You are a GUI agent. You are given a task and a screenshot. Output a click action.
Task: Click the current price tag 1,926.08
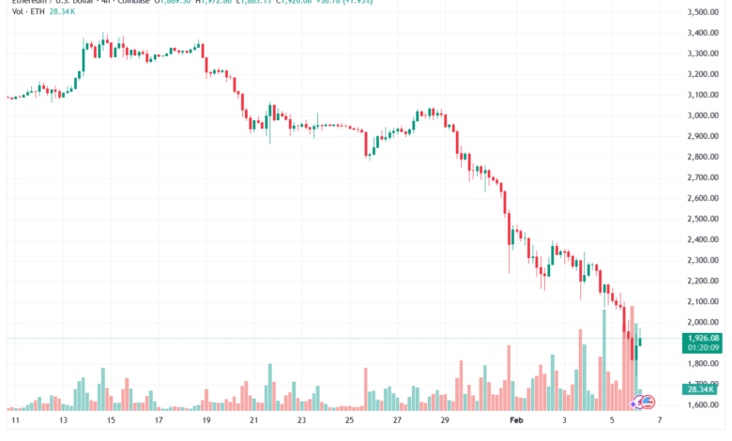702,338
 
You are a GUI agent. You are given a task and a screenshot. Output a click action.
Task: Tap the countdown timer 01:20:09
702,347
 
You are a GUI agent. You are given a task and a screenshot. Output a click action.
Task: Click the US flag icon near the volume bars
648,402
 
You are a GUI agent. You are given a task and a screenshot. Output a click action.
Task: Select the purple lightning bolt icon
636,403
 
